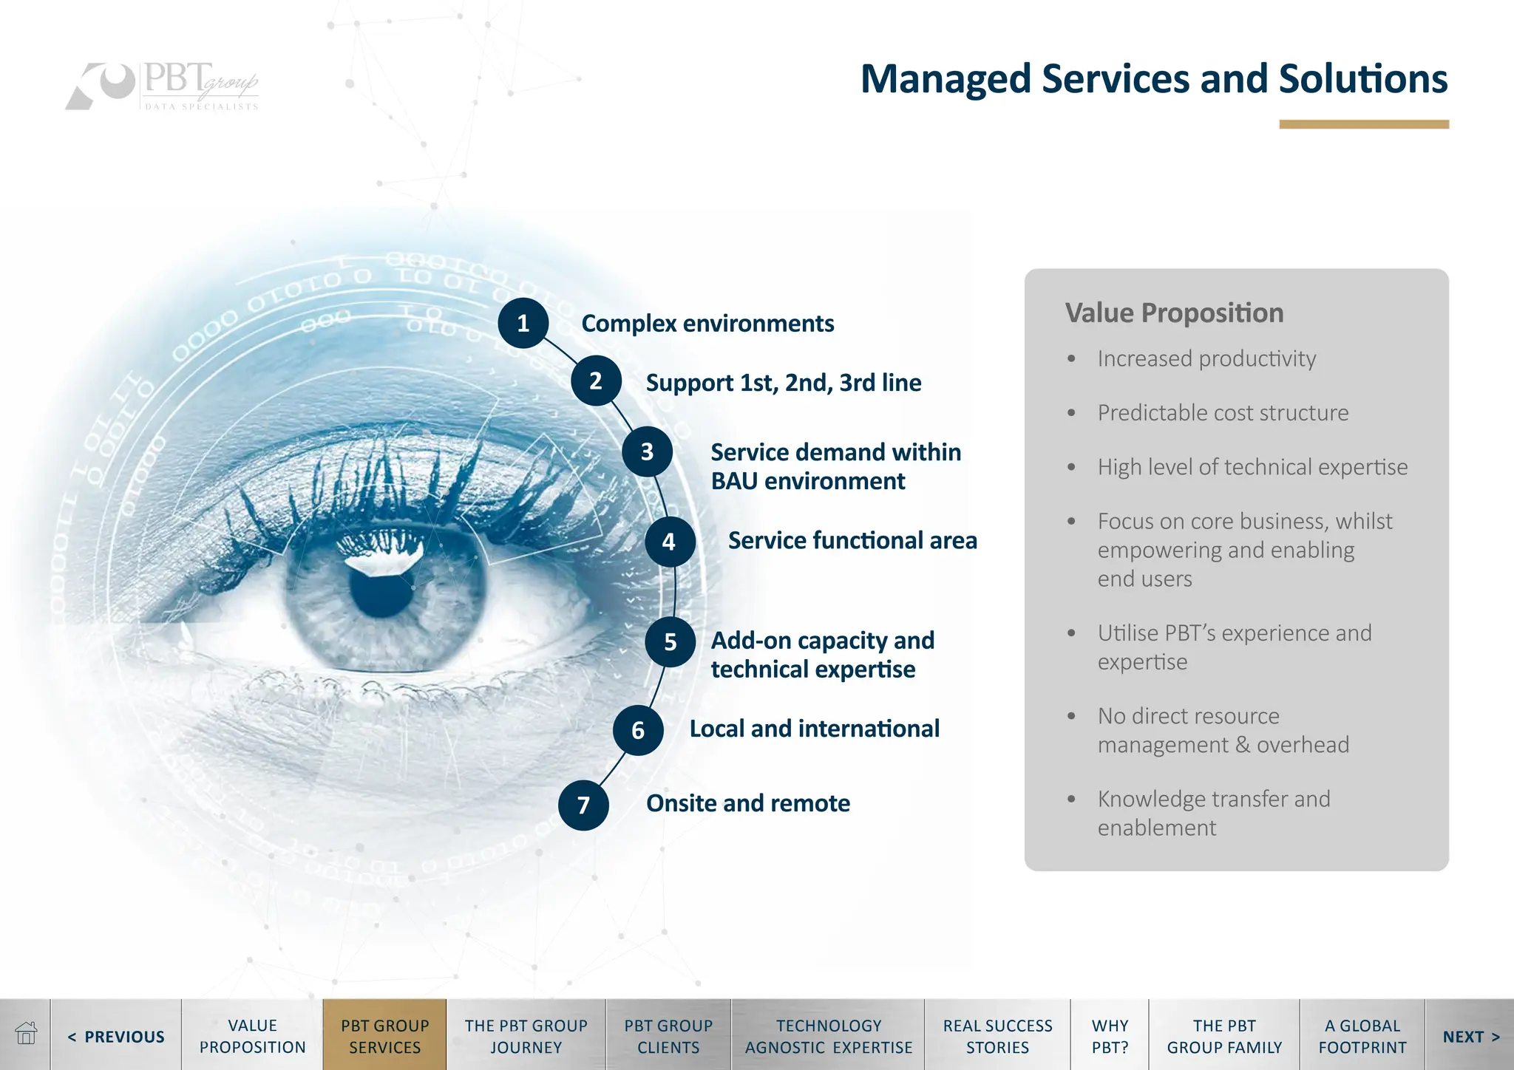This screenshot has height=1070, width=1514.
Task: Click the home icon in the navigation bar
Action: [26, 1034]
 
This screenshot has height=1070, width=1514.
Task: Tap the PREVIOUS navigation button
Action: [117, 1036]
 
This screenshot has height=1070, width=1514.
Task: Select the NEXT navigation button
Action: [1470, 1036]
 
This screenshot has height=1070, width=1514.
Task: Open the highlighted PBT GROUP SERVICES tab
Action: [384, 1036]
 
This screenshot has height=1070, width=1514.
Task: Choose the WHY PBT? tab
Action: [1110, 1036]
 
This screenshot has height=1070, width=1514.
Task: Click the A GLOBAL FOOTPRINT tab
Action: [1362, 1036]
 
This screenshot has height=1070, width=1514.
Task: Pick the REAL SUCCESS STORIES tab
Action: [997, 1036]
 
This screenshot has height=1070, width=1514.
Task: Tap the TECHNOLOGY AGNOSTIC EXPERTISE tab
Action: [828, 1036]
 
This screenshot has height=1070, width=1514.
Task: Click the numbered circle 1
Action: [523, 323]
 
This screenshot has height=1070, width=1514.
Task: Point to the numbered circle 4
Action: [669, 542]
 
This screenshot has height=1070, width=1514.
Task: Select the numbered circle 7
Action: [583, 805]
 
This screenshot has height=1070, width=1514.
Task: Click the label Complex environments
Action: [707, 324]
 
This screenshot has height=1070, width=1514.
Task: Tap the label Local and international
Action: [814, 729]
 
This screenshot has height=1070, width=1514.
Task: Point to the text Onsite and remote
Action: [747, 803]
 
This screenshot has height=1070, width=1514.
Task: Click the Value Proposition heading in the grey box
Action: [1174, 313]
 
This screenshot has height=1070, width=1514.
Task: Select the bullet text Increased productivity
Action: [1206, 358]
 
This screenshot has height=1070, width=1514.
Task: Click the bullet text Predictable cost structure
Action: [1223, 412]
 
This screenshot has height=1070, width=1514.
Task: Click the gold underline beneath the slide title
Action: [1364, 125]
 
